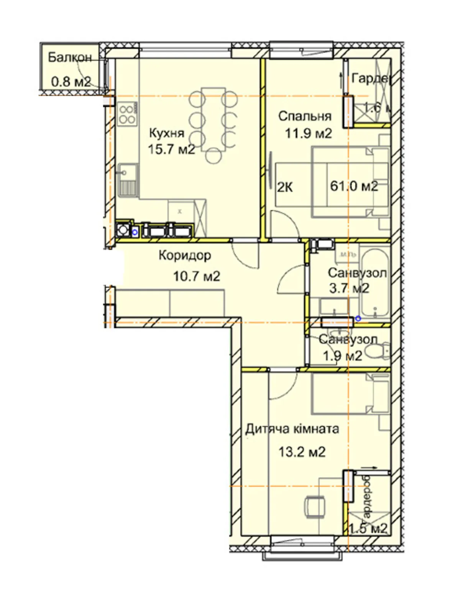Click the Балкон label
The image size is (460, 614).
pos(70,58)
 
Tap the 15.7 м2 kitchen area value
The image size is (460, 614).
pos(171,149)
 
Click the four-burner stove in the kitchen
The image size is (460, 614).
pos(127,114)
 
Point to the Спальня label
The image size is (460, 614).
pos(305,116)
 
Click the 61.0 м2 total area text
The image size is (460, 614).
pos(354,187)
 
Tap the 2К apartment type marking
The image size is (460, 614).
pos(285,188)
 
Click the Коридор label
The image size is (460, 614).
pos(184,255)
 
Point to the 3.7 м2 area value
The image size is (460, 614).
pos(349,288)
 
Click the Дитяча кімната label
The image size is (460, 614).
pos(292,429)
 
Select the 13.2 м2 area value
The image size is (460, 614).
pos(302,452)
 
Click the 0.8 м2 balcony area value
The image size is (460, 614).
pos(71,82)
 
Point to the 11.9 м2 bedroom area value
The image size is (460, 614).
pos(308,134)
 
